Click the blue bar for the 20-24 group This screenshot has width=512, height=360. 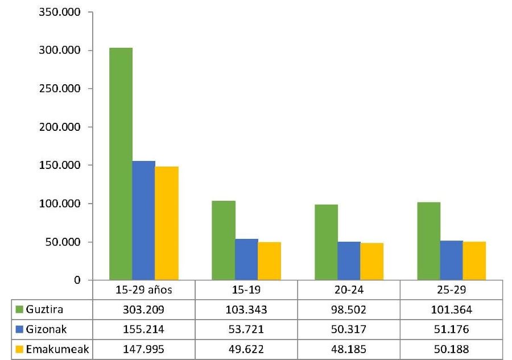(x=349, y=260)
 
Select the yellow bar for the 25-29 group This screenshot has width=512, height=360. (x=474, y=260)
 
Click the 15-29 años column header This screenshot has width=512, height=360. (x=143, y=289)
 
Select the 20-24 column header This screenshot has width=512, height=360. (x=349, y=289)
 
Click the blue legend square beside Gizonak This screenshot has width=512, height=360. (x=18, y=329)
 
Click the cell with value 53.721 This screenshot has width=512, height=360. (x=246, y=329)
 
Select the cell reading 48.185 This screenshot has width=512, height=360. (x=349, y=349)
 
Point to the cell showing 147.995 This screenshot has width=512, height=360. (x=143, y=349)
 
